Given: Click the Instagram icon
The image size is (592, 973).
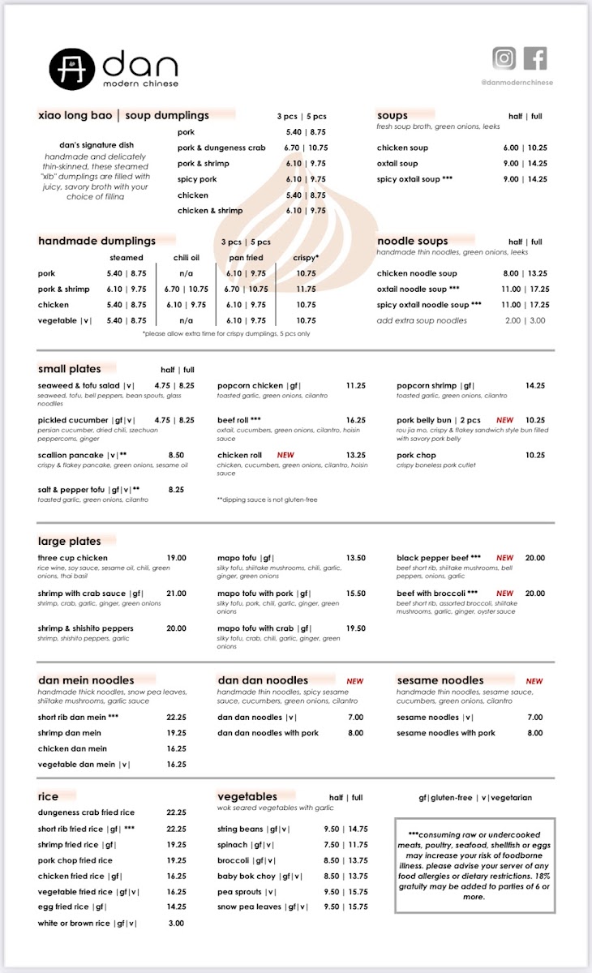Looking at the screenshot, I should coord(504,58).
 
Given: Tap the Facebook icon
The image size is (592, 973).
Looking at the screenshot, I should coord(535,58).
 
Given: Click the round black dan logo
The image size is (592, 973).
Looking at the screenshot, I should coord(72,70).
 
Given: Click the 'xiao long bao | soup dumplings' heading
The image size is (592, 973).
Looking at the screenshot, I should coord(123,116).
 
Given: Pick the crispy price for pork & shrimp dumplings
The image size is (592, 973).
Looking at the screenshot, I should coord(306,289).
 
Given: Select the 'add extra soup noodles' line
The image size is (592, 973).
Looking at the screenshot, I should coord(422,320).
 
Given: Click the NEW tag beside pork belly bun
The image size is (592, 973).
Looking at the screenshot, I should coord(505,421).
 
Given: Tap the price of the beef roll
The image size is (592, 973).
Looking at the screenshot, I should coord(356,421).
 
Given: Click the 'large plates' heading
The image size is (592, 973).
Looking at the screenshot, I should coord(70,542).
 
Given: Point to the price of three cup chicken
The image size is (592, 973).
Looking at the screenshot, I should coord(176,558).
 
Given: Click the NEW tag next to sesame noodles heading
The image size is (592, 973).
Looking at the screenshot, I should coord(534,682).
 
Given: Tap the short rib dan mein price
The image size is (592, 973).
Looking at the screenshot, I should coord(176,718).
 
